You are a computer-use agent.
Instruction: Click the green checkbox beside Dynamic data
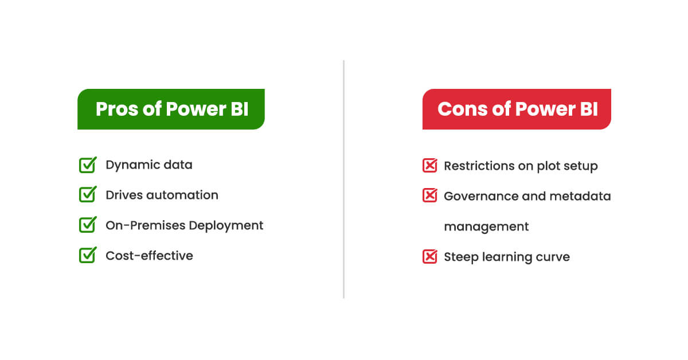point(87,165)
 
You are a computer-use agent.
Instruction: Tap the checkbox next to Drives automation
point(87,195)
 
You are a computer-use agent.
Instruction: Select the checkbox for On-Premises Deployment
point(87,225)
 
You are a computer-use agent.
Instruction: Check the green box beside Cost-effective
point(87,256)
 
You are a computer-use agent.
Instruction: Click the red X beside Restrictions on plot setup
point(429,166)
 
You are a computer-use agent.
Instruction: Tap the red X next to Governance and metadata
point(429,196)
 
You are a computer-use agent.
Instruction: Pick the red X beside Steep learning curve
point(429,257)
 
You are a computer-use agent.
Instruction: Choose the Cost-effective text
point(149,256)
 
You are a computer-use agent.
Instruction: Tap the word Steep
point(460,257)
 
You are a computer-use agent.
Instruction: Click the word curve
point(553,257)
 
